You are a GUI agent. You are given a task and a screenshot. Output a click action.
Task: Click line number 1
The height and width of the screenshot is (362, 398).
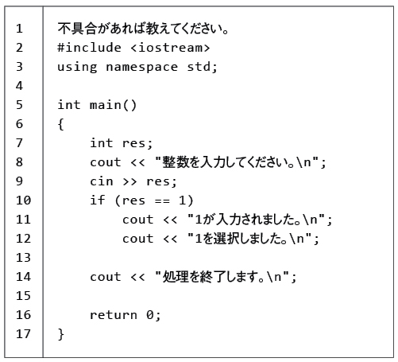pos(19,29)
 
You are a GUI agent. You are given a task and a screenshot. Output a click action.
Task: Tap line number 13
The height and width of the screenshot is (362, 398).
pos(23,258)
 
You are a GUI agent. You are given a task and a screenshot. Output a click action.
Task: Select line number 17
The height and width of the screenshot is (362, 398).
pos(23,334)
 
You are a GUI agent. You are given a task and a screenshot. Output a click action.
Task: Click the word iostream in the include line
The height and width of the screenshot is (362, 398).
pos(170,48)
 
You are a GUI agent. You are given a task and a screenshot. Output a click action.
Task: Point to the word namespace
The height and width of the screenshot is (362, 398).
pos(141,67)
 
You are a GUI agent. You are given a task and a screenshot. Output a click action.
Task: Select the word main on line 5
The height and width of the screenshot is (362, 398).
pos(106,105)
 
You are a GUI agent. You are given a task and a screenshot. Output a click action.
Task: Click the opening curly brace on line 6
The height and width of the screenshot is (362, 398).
pos(60,124)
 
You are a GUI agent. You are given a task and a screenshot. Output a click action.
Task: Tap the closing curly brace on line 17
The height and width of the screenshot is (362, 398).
pos(60,334)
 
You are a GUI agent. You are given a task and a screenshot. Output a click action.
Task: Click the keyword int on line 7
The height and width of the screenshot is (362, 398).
pos(102,143)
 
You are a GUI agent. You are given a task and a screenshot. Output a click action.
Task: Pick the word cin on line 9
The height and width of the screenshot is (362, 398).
pos(102,181)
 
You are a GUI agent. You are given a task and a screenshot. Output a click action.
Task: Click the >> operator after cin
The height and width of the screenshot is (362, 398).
pos(129,181)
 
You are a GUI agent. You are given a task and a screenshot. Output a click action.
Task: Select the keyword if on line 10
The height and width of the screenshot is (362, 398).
pos(97,200)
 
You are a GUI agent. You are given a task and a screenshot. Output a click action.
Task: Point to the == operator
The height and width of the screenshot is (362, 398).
pos(162,200)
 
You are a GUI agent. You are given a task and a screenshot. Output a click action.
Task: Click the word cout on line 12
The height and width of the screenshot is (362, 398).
pos(137,239)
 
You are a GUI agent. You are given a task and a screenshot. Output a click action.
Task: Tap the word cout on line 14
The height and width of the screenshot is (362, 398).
pos(106,277)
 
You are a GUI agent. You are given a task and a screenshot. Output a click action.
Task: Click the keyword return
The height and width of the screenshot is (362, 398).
pos(114,315)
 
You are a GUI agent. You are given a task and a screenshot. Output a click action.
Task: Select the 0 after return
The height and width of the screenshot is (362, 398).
pos(150,315)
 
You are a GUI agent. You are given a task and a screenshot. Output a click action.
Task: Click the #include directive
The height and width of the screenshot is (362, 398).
pos(89,48)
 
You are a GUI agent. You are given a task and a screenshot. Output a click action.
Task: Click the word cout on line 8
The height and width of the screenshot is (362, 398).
pos(106,162)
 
